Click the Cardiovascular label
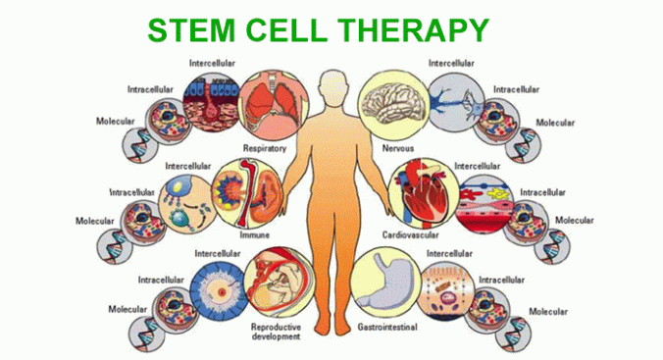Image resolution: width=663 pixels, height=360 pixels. tap(413, 235)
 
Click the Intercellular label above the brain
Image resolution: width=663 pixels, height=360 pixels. tap(452, 64)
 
